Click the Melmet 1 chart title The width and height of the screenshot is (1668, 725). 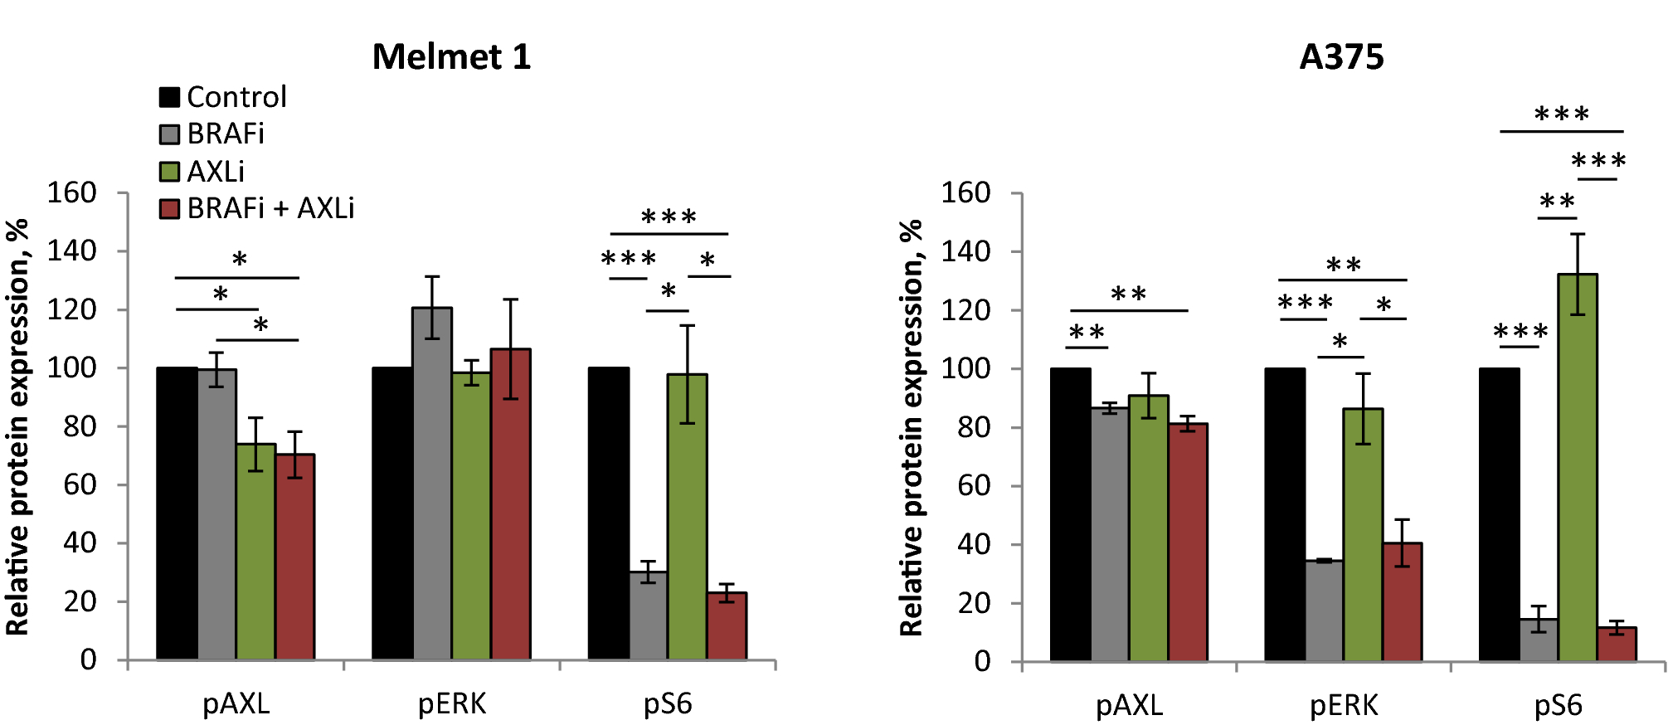pyautogui.click(x=451, y=57)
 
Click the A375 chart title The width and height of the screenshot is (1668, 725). pyautogui.click(x=1341, y=57)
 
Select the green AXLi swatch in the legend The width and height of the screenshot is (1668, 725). pyautogui.click(x=169, y=172)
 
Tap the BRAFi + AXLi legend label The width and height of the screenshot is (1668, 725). pyautogui.click(x=270, y=208)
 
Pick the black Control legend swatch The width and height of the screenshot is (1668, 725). pyautogui.click(x=169, y=97)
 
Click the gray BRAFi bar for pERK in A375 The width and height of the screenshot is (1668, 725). pyautogui.click(x=1324, y=611)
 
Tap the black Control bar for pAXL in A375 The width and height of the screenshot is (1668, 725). pyautogui.click(x=1070, y=514)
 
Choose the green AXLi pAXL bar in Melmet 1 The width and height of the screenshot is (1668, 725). pyautogui.click(x=255, y=552)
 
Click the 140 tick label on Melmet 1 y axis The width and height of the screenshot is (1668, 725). pyautogui.click(x=71, y=251)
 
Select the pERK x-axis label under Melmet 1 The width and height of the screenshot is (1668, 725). pyautogui.click(x=451, y=703)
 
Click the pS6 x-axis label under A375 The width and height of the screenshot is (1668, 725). pyautogui.click(x=1558, y=705)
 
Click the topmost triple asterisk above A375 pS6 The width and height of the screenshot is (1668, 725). pyautogui.click(x=1561, y=114)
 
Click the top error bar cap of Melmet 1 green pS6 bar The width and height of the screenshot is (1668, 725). pyautogui.click(x=687, y=325)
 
